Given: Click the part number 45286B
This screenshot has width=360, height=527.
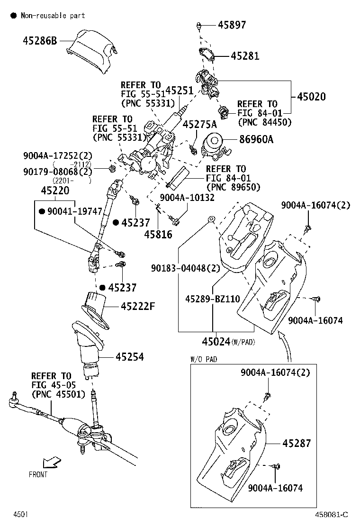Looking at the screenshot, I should tap(40, 41).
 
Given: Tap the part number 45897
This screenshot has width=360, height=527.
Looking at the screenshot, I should tap(232, 25).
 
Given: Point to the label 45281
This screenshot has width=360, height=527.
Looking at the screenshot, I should tap(245, 56).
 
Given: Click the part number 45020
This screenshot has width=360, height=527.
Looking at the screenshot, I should tap(311, 97).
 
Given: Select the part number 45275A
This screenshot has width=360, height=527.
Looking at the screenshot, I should tap(199, 125).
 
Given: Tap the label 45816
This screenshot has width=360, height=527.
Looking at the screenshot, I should tap(158, 235).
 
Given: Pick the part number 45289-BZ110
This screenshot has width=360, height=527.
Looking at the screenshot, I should tap(212, 299).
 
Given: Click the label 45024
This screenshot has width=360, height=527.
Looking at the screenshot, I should tap(216, 341).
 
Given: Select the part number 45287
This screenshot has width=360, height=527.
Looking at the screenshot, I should tap(297, 443).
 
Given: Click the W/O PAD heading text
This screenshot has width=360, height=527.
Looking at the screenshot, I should tap(204, 359).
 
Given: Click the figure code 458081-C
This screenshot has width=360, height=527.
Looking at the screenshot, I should tap(331, 514).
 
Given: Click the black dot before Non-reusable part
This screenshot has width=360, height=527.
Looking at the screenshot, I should tap(13, 16).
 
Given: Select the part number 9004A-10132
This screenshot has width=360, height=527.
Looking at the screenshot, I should tap(187, 197).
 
